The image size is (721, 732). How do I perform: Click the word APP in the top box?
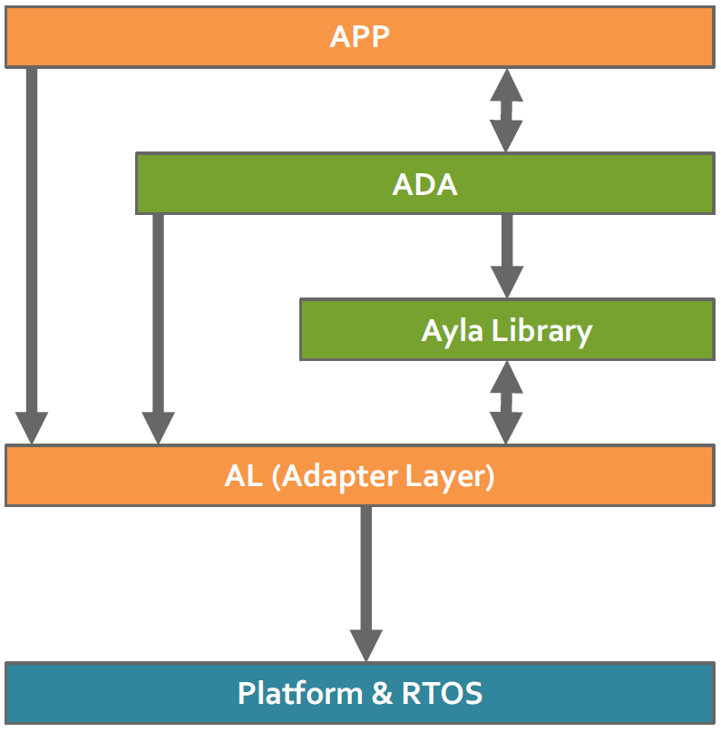pos(360,36)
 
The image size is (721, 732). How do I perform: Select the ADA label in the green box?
pos(424,184)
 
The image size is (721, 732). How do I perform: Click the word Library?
pos(541,330)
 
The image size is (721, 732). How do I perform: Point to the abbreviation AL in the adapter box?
pos(243,475)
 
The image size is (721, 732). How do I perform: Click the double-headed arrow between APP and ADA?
pos(506,110)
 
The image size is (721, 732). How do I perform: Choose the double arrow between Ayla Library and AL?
pos(506,402)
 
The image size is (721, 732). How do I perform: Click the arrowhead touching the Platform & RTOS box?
pos(366,646)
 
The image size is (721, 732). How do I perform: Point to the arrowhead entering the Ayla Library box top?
pos(506,282)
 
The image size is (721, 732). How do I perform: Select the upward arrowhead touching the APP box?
pos(506,83)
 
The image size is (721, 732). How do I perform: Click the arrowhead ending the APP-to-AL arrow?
pos(32,426)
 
